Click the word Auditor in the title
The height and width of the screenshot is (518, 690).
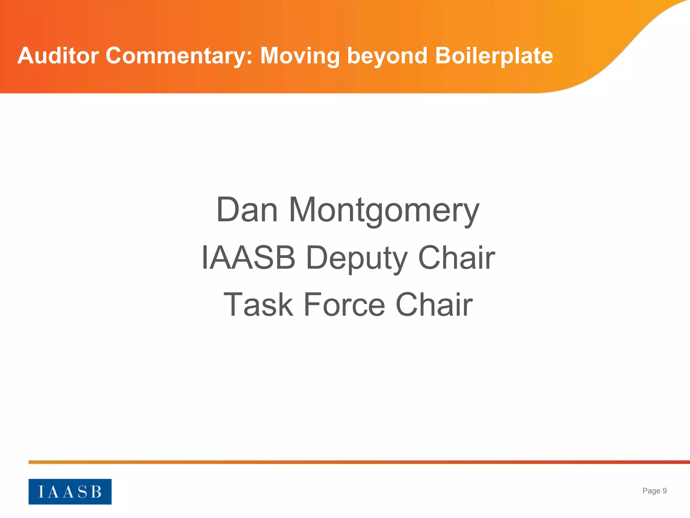coord(58,56)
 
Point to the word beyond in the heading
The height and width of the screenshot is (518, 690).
coord(387,56)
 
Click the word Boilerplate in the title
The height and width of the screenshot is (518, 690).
coord(494,56)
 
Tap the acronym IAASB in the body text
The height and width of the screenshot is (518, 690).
coord(248,258)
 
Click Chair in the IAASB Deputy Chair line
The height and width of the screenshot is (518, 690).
coord(457,258)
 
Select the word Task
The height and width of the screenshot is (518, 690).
coord(258,305)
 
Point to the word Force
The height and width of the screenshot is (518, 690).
coord(344,305)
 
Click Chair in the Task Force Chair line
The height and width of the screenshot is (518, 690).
coord(434,305)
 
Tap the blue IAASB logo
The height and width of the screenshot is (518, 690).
coord(70,491)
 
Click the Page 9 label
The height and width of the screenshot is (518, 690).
coord(654,491)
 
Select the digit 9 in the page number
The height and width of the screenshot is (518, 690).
coord(664,491)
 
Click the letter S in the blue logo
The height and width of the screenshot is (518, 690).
coord(83,492)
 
